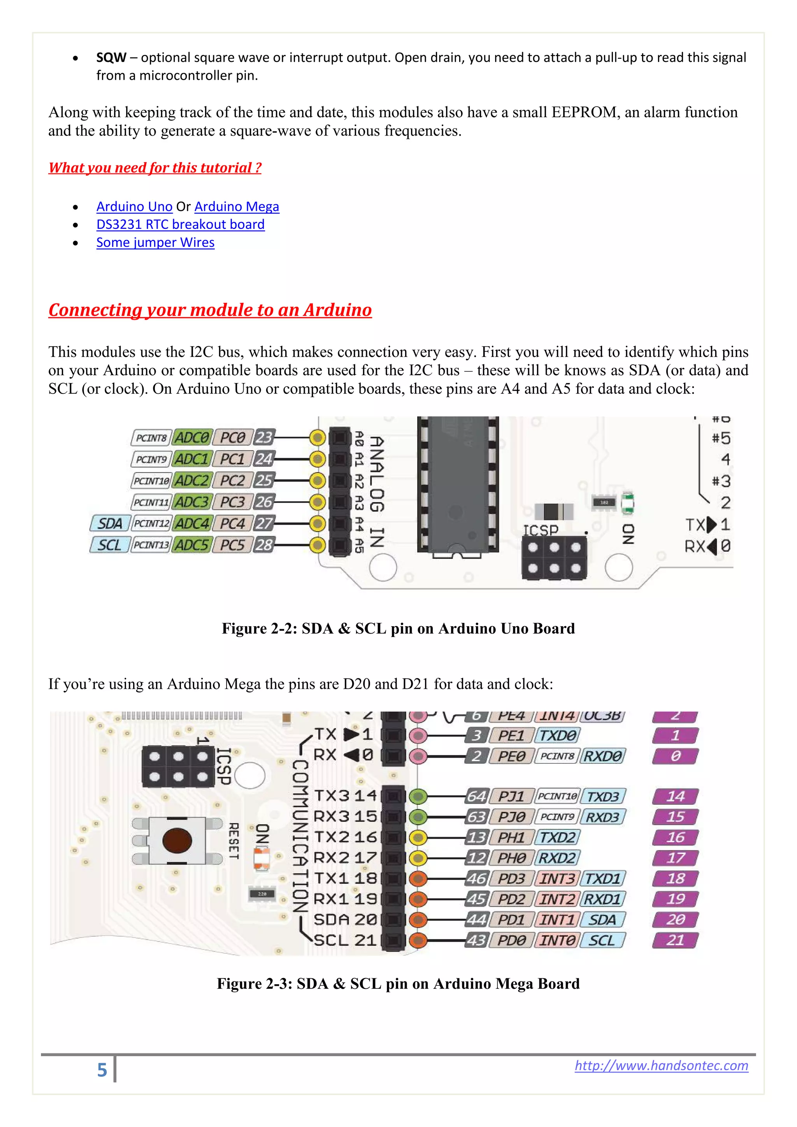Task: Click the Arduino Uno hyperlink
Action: click(134, 207)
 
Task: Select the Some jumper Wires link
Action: click(155, 242)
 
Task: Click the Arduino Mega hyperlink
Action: click(237, 207)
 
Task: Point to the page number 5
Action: click(102, 1070)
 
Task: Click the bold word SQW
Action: click(111, 58)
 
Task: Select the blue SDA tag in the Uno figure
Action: click(110, 524)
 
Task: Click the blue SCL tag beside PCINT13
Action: click(109, 545)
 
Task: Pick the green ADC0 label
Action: click(192, 437)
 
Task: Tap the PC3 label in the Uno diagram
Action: click(232, 502)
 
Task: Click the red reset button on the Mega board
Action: click(177, 840)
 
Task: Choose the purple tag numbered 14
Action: click(675, 796)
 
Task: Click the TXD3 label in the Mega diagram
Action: click(603, 796)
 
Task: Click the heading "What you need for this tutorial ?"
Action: click(154, 168)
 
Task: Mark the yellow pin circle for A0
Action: click(318, 437)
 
